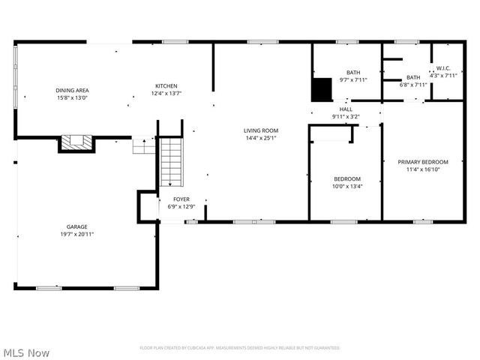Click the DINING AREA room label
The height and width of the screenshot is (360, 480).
[x=72, y=90]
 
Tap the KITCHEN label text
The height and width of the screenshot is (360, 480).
[x=166, y=85]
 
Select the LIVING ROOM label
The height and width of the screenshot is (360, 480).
[x=260, y=130]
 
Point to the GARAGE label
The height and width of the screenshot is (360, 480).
[x=76, y=226]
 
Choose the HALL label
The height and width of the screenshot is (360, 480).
[x=346, y=109]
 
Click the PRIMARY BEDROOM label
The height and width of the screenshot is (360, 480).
[x=423, y=162]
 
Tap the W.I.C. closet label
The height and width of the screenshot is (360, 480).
[x=442, y=68]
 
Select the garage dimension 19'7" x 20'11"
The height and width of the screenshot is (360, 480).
[x=76, y=234]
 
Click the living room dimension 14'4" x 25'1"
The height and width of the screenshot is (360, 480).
[x=260, y=138]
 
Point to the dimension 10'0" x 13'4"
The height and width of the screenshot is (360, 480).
[x=347, y=187]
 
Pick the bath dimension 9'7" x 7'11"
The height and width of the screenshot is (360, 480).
[x=352, y=79]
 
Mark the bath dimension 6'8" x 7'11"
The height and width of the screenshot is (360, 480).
[x=413, y=85]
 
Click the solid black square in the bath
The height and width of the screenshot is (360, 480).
[x=322, y=89]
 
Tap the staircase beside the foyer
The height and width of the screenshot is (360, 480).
[x=171, y=161]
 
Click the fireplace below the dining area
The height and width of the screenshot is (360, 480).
[x=76, y=142]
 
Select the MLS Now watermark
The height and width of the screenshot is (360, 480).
[x=26, y=352]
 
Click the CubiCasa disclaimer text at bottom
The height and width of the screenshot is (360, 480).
[x=240, y=348]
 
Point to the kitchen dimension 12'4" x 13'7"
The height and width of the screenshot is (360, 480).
[x=166, y=93]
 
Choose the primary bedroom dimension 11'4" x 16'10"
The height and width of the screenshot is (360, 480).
[x=423, y=169]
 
